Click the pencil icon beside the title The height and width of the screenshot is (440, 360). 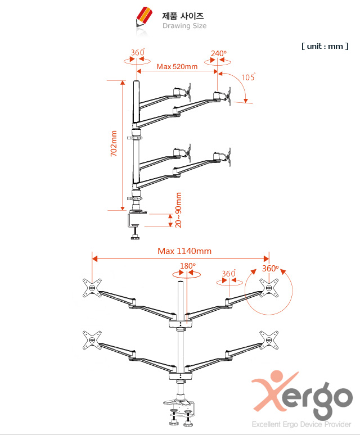144,18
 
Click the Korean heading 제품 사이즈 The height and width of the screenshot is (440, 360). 183,16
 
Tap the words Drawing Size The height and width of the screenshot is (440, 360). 184,26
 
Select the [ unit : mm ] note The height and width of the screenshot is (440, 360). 325,46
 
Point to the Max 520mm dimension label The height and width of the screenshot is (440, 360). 177,66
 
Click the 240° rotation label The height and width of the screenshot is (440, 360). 219,53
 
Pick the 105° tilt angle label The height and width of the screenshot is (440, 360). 249,77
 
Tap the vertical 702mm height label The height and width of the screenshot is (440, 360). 114,143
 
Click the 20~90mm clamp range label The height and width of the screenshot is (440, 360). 178,210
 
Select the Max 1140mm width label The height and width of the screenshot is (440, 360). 184,251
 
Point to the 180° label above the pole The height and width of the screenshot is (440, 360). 188,265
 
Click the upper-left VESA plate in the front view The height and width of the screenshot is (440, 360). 92,288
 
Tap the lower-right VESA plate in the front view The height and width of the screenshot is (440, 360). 269,341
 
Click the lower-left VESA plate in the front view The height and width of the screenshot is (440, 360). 92,341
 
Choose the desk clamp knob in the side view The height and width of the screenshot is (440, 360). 135,238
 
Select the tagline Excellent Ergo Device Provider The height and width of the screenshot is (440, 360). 301,424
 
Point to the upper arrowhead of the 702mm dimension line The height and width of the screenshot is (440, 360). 123,83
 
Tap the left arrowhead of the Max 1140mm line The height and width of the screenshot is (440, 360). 94,258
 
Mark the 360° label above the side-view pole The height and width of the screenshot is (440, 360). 138,52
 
